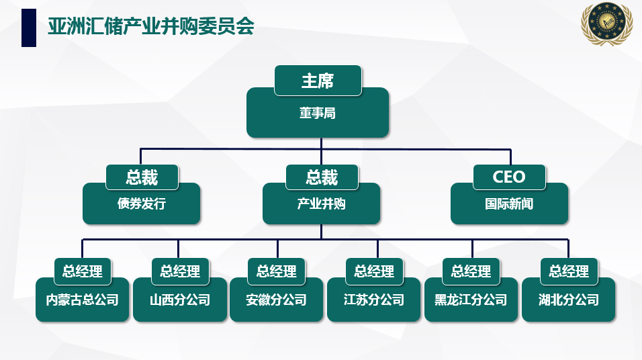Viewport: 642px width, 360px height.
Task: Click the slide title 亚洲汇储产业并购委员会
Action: [151, 27]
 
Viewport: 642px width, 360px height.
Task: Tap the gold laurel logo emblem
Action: [607, 23]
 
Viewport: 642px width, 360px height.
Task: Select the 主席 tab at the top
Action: [318, 81]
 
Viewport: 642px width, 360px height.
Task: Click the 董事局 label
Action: [318, 113]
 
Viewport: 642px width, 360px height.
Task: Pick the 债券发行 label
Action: [141, 204]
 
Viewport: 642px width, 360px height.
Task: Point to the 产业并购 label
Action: [322, 204]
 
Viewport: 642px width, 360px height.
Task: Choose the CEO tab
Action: [509, 177]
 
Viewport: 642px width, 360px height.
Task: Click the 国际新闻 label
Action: [509, 204]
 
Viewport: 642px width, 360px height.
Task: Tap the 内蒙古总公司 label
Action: [83, 300]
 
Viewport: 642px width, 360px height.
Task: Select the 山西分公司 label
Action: [180, 300]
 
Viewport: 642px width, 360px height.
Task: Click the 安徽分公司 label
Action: [277, 300]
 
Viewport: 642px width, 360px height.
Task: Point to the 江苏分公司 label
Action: [374, 300]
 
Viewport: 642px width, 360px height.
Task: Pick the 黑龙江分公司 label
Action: [471, 300]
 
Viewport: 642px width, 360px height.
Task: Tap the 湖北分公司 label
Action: [569, 300]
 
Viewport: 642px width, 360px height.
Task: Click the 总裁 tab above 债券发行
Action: [142, 177]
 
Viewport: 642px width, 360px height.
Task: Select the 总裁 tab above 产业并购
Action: [322, 177]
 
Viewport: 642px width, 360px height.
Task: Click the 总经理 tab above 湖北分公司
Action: [569, 271]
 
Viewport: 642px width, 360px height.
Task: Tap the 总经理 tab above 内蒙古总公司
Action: [83, 271]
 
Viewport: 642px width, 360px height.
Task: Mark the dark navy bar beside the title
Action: [29, 28]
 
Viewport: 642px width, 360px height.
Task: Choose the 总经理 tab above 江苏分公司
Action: [374, 271]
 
